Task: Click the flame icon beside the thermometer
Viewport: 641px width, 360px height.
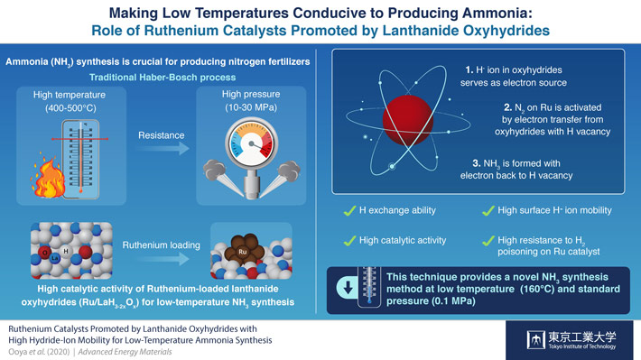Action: click(45, 180)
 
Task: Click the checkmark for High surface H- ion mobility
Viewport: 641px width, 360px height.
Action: click(488, 211)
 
